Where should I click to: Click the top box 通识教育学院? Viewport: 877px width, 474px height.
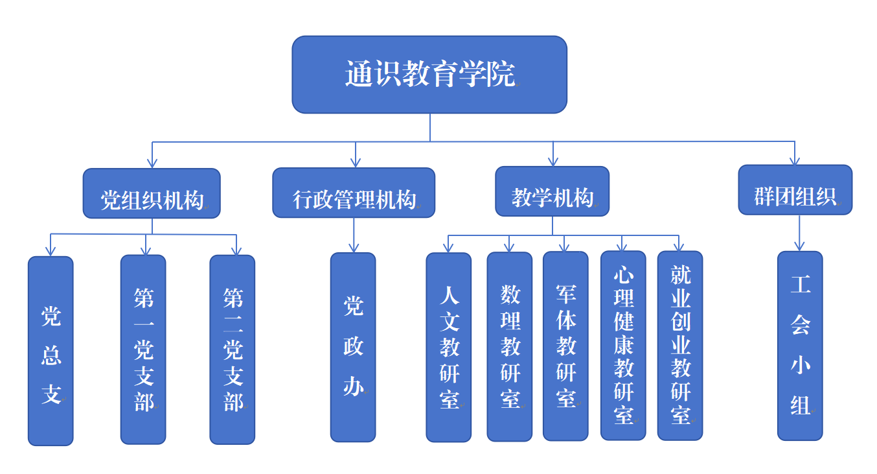click(x=429, y=75)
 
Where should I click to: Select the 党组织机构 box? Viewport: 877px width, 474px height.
click(x=152, y=193)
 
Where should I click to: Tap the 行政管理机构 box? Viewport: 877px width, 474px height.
click(x=354, y=193)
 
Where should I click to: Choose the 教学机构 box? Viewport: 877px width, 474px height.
click(x=552, y=191)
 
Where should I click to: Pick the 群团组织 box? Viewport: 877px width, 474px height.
click(x=795, y=190)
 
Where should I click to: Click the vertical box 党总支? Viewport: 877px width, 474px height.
click(x=51, y=351)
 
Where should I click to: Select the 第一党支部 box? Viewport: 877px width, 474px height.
click(x=143, y=350)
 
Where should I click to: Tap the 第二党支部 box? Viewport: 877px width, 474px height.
click(x=232, y=350)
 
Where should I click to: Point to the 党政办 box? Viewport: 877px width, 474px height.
click(x=353, y=347)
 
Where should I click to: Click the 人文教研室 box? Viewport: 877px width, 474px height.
click(x=448, y=347)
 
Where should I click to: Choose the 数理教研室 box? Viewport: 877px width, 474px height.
click(x=509, y=347)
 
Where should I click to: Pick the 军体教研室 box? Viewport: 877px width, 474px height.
click(x=565, y=346)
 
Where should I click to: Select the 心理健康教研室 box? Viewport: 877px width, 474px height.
click(x=623, y=346)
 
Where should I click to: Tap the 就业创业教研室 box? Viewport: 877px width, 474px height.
click(x=680, y=346)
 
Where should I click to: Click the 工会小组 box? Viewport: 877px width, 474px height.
click(x=800, y=346)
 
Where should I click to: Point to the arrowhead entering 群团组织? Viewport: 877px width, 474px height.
click(x=795, y=161)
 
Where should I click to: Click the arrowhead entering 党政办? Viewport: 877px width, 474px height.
click(x=354, y=248)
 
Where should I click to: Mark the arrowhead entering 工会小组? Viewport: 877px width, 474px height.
click(x=799, y=246)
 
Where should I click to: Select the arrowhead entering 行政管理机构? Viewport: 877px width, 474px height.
click(x=355, y=163)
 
